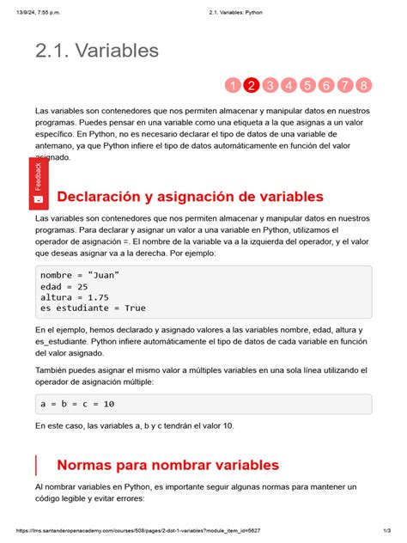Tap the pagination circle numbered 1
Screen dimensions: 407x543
click(x=232, y=85)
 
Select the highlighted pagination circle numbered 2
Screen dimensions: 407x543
click(x=251, y=85)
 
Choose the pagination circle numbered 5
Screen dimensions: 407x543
click(x=307, y=85)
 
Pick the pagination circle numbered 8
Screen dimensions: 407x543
click(x=364, y=85)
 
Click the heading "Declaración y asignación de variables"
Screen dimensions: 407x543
click(x=189, y=198)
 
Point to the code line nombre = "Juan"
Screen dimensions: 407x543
click(x=80, y=274)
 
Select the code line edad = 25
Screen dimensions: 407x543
click(x=64, y=285)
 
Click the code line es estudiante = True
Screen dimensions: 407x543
click(x=93, y=308)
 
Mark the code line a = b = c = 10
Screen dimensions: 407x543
click(x=77, y=403)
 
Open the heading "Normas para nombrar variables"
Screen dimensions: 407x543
click(x=167, y=465)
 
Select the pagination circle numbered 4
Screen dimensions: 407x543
click(x=289, y=85)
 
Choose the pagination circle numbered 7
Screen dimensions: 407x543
click(x=345, y=85)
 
